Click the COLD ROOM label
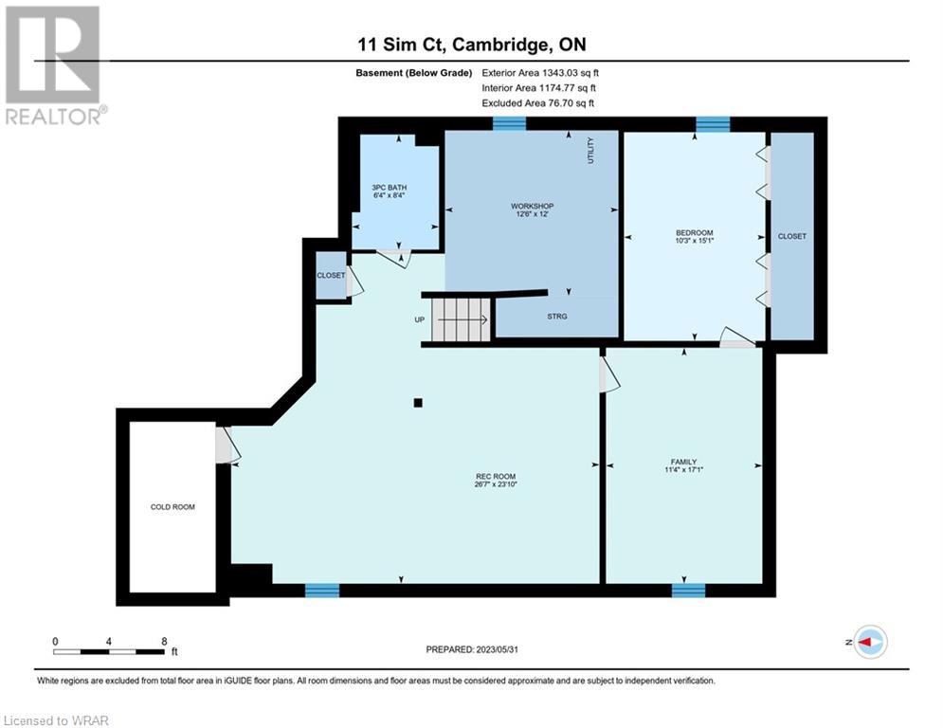(172, 507)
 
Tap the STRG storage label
(557, 317)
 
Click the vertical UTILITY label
(590, 151)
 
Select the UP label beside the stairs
(420, 320)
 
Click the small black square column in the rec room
(418, 403)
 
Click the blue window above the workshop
(509, 123)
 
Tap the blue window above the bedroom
(714, 124)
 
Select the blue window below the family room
(689, 591)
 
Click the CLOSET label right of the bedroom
(792, 236)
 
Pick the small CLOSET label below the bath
(332, 276)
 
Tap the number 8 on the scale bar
(164, 642)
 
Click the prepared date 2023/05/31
(498, 649)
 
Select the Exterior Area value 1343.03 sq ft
(571, 73)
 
